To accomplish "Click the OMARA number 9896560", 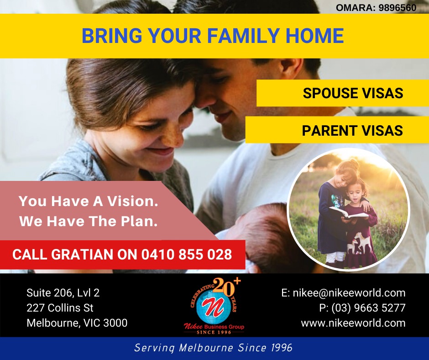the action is coord(398,8).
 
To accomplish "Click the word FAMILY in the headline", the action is coord(243,36).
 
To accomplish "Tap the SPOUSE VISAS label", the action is coord(353,93).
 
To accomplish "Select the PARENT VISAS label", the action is coord(352,130).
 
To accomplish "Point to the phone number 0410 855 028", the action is coord(187,254).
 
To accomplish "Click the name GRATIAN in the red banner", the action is coord(83,254).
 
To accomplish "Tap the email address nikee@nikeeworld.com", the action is coord(349,293).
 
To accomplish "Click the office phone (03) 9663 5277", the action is coord(369,307).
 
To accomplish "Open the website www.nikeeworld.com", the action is coord(353,323).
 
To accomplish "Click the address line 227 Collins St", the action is coord(60,307).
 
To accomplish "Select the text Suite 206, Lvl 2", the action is coord(63,293).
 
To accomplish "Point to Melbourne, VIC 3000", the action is coord(77,323).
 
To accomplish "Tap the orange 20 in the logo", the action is coord(224,287).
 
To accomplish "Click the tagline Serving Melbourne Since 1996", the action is coord(214,348).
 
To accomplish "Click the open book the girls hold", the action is coord(348,213).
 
